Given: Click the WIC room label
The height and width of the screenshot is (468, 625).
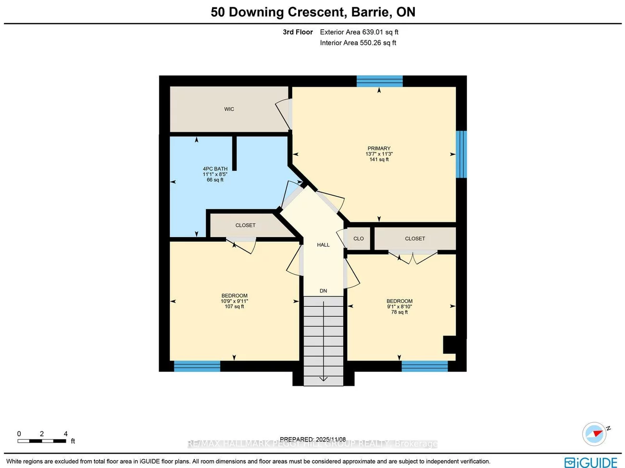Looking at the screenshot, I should point(229,109).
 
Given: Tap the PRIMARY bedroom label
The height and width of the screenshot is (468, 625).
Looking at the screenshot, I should point(379,149).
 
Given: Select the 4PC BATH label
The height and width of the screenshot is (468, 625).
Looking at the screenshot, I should point(215,169).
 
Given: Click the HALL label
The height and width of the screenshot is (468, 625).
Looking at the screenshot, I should point(323,245).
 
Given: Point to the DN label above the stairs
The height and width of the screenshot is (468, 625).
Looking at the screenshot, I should point(323,291).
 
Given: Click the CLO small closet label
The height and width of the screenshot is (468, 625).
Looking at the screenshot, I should point(359,239).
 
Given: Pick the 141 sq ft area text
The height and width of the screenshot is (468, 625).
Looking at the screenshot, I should point(379,160).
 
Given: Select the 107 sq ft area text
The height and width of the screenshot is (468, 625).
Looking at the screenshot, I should point(234,307).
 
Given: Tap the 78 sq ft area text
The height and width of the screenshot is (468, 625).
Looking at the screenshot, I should point(399,312).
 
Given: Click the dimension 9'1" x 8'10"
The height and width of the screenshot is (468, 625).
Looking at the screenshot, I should point(399,307).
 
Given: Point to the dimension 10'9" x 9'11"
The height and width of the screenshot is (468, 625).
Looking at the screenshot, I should point(234,301).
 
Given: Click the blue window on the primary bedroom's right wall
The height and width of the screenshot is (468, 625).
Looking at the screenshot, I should point(461,154).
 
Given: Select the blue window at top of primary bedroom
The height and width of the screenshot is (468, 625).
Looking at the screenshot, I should point(379,81).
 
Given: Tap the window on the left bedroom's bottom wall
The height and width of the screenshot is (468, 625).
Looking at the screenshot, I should point(197,366).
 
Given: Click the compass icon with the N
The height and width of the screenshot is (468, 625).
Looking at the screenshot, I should point(595,434).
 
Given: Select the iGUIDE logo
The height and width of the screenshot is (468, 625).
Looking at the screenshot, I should point(591,462).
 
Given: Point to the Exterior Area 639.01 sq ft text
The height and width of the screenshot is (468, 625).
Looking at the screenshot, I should point(359,32).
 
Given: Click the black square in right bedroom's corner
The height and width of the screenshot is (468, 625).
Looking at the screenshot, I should point(450,345).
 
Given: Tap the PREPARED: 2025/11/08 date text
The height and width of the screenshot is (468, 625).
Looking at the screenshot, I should point(312,439).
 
